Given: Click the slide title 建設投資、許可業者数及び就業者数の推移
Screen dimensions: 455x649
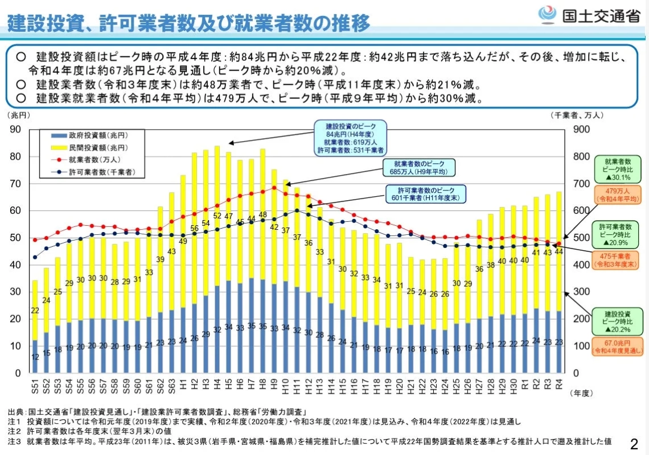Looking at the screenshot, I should coord(188,23).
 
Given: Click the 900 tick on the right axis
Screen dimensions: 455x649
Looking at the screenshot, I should coord(578,130).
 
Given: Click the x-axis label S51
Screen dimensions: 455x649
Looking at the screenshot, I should coord(35,388).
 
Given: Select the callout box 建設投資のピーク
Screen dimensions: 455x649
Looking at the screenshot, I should coord(350,138).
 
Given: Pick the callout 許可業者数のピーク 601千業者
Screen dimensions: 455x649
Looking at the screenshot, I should coord(424,194).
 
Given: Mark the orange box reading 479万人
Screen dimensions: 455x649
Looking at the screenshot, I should coord(617,195).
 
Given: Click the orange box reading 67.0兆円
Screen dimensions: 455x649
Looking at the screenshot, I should coord(617,346).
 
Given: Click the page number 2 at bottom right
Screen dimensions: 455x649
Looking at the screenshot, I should coord(634,442).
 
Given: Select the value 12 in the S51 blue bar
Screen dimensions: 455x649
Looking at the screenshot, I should coord(35,357).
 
